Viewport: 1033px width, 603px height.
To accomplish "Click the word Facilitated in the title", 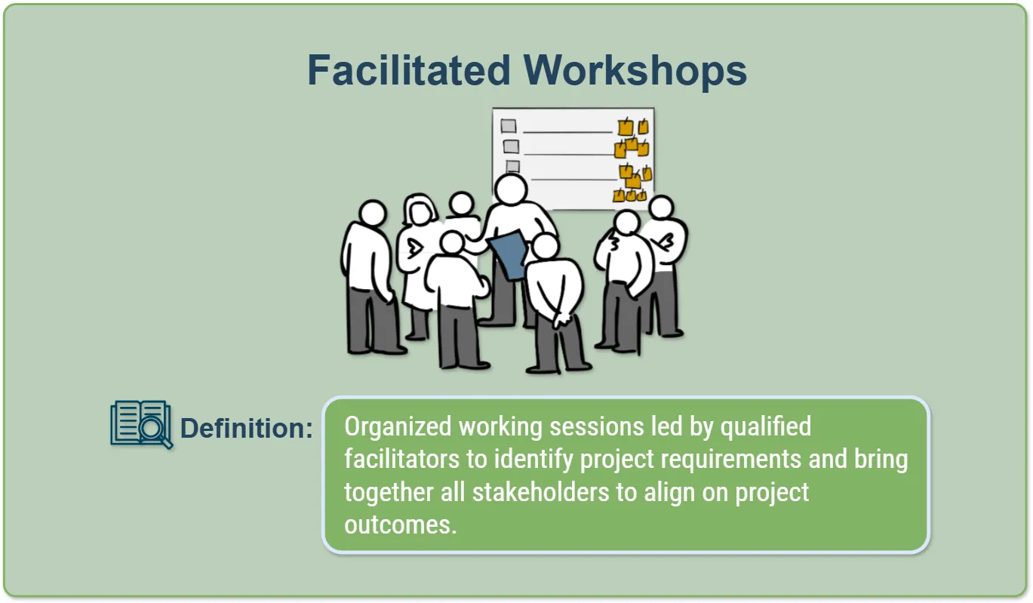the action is click(x=408, y=71).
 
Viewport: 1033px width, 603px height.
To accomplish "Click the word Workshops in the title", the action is click(x=635, y=71).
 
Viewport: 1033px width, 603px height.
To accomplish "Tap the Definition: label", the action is click(x=246, y=428).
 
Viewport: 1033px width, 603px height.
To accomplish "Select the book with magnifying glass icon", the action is click(x=142, y=424).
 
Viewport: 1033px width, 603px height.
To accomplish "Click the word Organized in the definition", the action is click(x=398, y=426).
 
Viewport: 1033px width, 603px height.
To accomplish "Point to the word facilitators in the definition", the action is click(x=401, y=459).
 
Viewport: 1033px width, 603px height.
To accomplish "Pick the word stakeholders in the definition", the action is click(x=540, y=492).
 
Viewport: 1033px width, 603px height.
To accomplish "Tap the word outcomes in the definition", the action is click(x=400, y=525).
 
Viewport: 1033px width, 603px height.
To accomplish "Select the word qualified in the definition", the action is click(x=766, y=426).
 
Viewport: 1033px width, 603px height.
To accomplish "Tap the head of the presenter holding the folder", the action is click(x=511, y=189).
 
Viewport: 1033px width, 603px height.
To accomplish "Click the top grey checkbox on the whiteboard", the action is click(x=509, y=125).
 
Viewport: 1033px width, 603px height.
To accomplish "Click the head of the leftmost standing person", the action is click(x=373, y=213).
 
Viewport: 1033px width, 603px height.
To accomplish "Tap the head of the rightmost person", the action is click(x=662, y=207).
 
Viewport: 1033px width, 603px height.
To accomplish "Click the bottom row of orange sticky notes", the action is click(x=630, y=195).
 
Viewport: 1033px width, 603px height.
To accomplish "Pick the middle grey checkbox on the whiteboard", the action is click(x=511, y=146).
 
